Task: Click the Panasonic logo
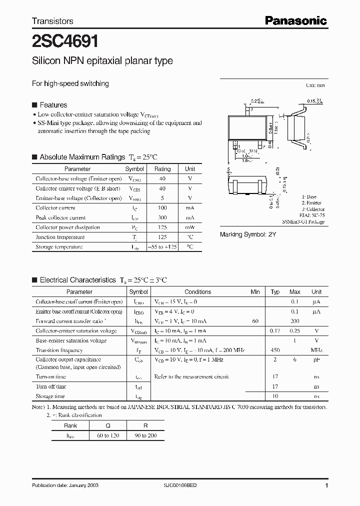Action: (x=295, y=20)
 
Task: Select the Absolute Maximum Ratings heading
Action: (x=82, y=157)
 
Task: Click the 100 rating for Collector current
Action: (x=162, y=207)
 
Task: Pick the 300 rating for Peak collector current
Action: (x=162, y=217)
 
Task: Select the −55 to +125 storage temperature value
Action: (x=162, y=247)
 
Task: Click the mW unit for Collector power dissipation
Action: (x=190, y=227)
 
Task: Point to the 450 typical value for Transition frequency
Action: (x=275, y=350)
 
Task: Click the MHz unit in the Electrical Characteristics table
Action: (x=316, y=350)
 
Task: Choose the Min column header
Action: (x=255, y=292)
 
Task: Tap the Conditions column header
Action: (x=198, y=292)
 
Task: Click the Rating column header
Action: (x=162, y=169)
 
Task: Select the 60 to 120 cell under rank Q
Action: (x=108, y=436)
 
